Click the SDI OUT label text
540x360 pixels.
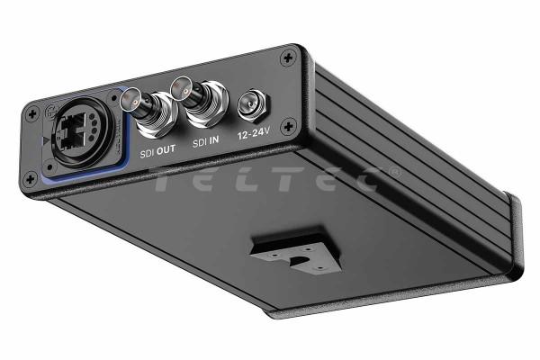[x=157, y=151]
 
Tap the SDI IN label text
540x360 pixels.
[x=205, y=141]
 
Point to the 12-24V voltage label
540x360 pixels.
[x=253, y=132]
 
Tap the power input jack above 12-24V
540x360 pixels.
[x=253, y=104]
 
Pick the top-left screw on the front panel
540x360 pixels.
[x=32, y=113]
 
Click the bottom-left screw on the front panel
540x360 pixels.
[x=31, y=179]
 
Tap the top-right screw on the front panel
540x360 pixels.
[x=288, y=58]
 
